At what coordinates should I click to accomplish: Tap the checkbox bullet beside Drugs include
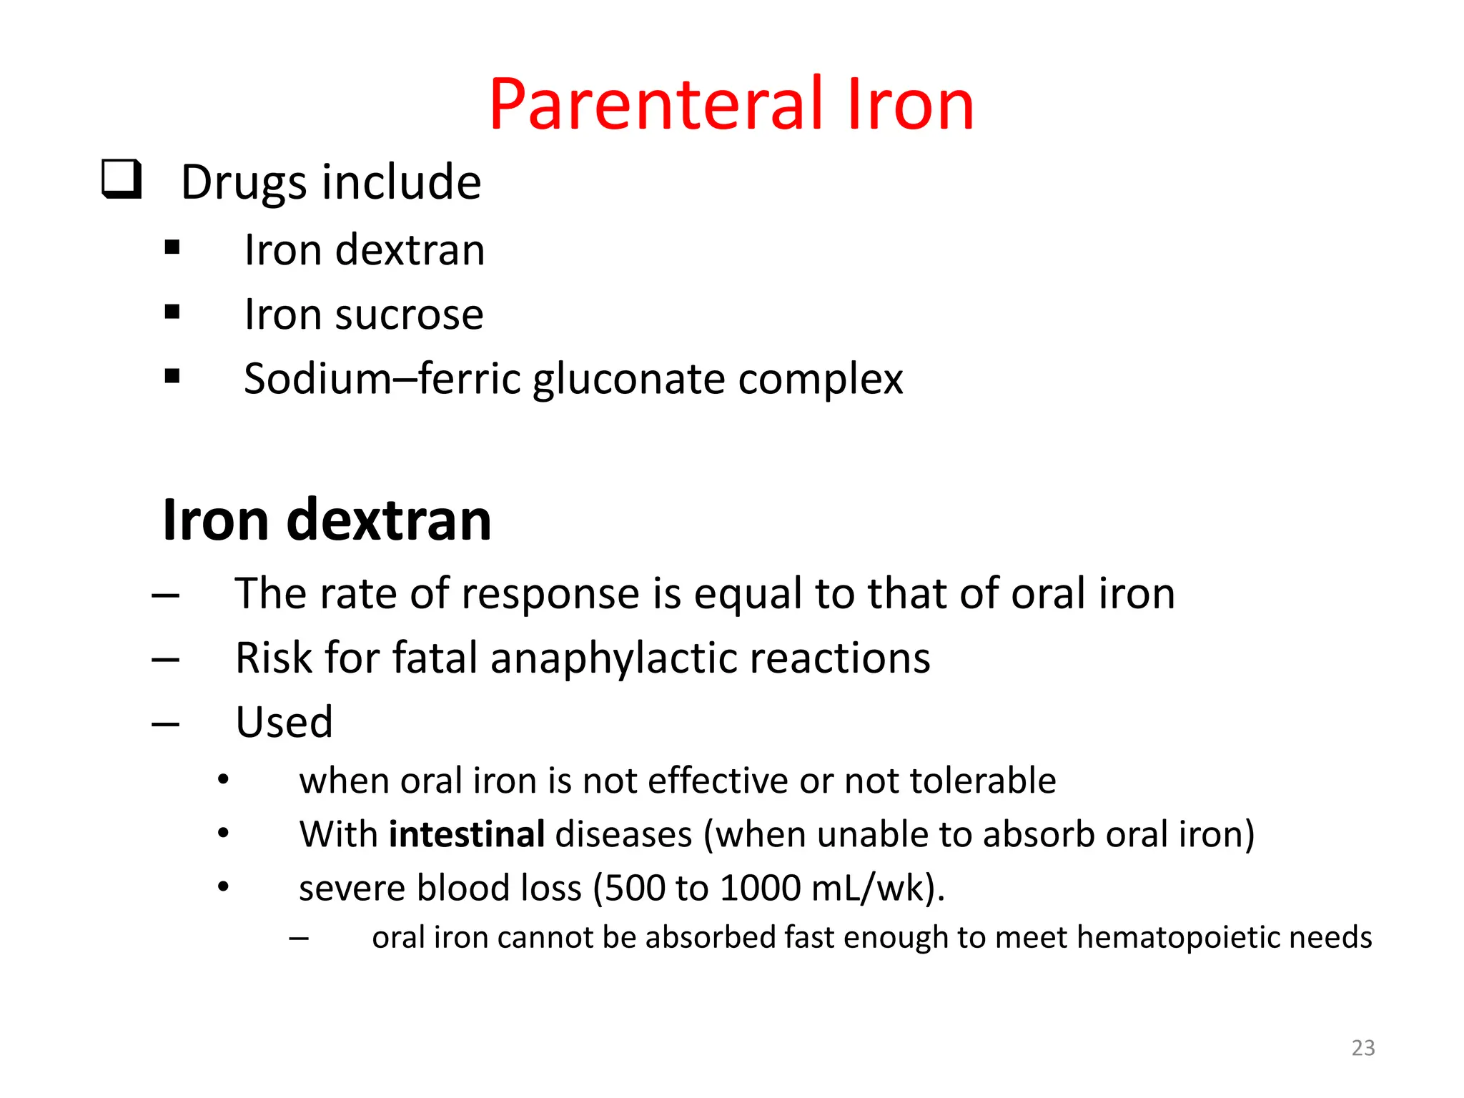(122, 179)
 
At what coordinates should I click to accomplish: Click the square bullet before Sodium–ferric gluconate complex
(172, 376)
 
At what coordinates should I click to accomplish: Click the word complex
(820, 379)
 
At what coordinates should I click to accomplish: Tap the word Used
(284, 722)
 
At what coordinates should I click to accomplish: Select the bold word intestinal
(467, 834)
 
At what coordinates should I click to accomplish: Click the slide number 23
(1363, 1048)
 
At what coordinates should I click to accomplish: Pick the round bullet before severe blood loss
(224, 887)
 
